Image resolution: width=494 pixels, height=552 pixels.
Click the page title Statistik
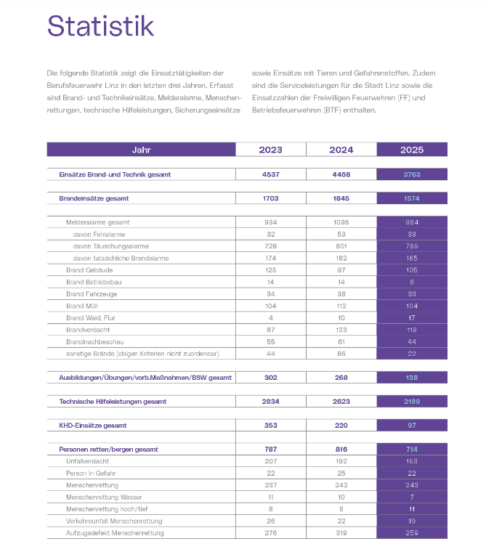pyautogui.click(x=100, y=27)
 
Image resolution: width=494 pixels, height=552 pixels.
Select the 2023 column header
pyautogui.click(x=270, y=150)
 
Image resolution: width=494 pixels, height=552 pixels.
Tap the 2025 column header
pyautogui.click(x=412, y=150)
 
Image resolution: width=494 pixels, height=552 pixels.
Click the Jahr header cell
pyautogui.click(x=141, y=150)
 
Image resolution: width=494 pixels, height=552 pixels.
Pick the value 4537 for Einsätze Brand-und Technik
pyautogui.click(x=270, y=174)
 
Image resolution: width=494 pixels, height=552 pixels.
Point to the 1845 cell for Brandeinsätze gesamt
pyautogui.click(x=341, y=198)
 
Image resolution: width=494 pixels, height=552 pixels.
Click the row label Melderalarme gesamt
pyautogui.click(x=98, y=222)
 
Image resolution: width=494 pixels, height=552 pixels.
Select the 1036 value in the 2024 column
pyautogui.click(x=341, y=222)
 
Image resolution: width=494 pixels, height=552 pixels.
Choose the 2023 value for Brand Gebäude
pyautogui.click(x=270, y=270)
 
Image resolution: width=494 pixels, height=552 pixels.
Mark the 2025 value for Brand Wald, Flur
pyautogui.click(x=412, y=318)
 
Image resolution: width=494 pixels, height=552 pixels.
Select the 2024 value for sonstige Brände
pyautogui.click(x=341, y=354)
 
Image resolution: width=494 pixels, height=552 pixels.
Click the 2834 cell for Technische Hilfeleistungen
pyautogui.click(x=270, y=402)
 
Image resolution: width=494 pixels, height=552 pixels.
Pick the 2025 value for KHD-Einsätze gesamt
pyautogui.click(x=412, y=426)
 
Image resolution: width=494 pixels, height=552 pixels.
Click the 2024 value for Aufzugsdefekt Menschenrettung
pyautogui.click(x=341, y=533)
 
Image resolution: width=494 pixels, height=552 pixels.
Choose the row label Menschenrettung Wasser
pyautogui.click(x=103, y=497)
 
